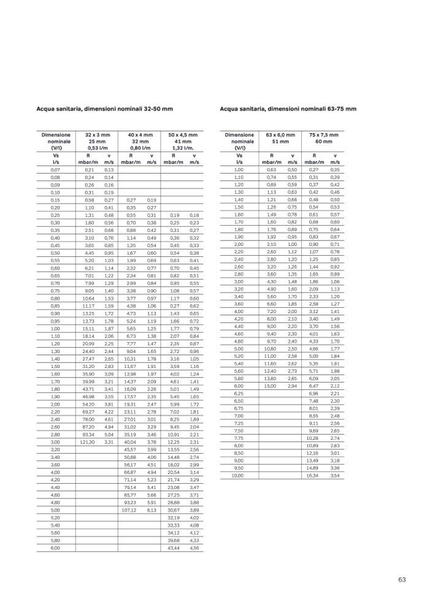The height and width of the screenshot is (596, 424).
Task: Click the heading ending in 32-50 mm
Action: coord(105,109)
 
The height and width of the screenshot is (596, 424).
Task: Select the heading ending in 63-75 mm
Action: coord(288,109)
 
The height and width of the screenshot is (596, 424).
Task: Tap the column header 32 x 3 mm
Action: coord(97,134)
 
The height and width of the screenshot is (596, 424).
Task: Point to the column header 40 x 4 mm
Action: coord(140,134)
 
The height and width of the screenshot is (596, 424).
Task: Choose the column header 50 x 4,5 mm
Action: coord(182,134)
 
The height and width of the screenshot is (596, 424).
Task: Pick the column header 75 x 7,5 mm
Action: coord(323,134)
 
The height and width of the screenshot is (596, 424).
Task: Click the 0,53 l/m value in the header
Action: coord(97,148)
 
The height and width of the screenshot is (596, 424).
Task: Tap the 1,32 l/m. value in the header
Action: coord(182,148)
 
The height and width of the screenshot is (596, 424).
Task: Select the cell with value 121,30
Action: coord(87,441)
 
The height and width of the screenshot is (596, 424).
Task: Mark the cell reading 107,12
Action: coord(128,510)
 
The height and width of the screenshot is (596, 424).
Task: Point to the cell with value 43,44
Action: coord(174,548)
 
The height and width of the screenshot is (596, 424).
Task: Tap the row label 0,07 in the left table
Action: coord(55,169)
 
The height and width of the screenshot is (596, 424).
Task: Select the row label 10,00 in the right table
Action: coord(239,475)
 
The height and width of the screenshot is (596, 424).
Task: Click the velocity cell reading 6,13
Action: coord(152,510)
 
